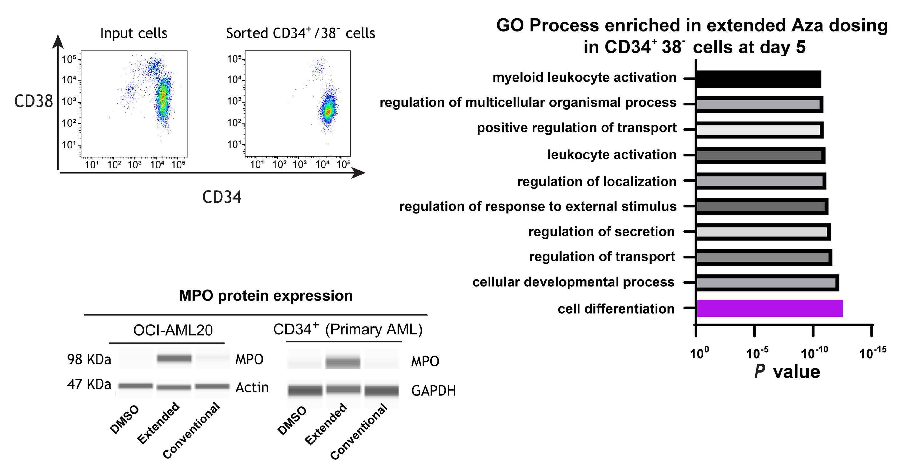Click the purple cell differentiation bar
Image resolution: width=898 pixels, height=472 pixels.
[x=769, y=309]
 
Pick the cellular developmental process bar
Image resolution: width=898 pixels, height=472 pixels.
[x=767, y=283]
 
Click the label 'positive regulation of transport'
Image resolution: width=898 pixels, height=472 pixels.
[x=577, y=128]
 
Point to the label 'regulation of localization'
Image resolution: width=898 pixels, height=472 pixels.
[x=597, y=182]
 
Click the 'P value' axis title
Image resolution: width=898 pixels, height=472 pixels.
[x=787, y=372]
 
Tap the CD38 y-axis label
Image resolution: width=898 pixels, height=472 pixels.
[x=33, y=102]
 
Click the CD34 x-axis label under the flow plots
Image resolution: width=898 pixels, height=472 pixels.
[x=222, y=198]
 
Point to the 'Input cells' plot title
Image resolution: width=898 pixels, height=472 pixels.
[x=133, y=33]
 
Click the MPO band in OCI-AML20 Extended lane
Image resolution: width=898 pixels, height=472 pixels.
[x=174, y=358]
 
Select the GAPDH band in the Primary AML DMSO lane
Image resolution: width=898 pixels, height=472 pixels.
[x=305, y=390]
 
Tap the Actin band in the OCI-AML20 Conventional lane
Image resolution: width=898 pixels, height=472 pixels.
[x=212, y=386]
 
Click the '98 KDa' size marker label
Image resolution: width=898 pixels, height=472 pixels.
[x=89, y=359]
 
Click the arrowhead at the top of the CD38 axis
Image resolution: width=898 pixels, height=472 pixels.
[x=58, y=41]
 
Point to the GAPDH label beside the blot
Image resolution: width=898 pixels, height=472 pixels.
[x=433, y=391]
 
